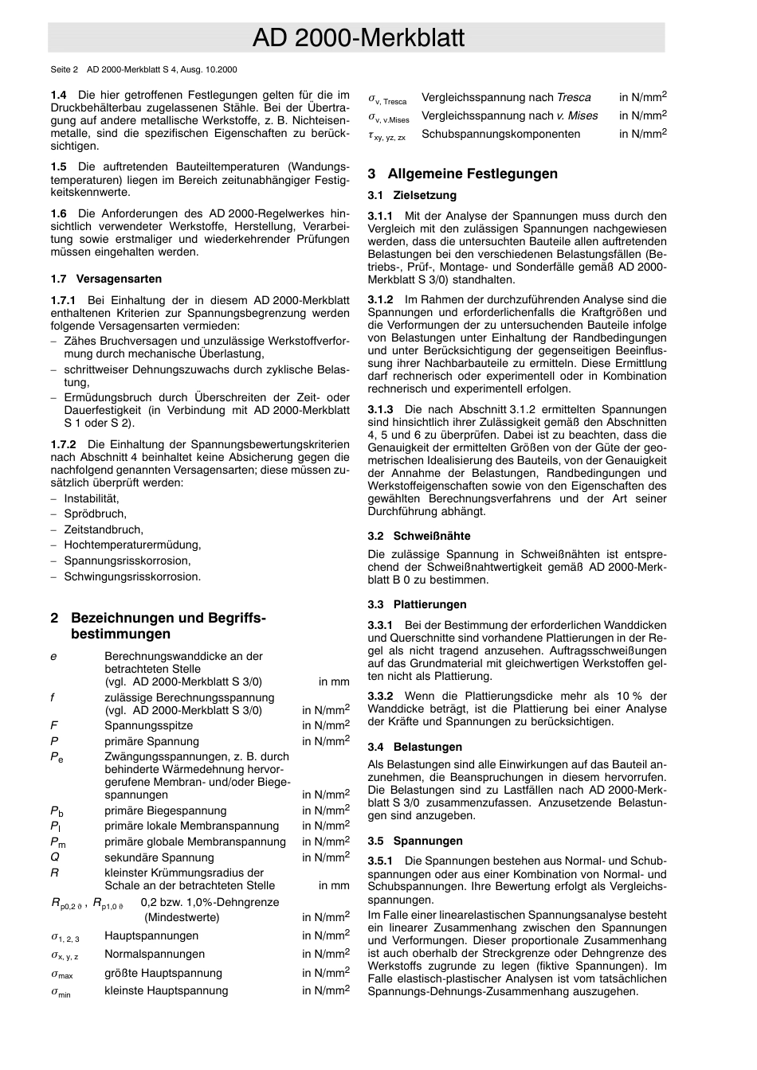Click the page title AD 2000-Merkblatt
[358, 37]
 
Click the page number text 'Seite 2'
[65, 70]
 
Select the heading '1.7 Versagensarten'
[106, 279]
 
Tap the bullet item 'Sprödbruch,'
[95, 514]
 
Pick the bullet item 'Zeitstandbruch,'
[104, 530]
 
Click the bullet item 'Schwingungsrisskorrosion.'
[132, 577]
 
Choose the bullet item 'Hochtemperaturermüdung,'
[132, 545]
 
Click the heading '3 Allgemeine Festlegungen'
[463, 174]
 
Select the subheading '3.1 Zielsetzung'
[412, 196]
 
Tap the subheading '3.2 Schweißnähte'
[419, 537]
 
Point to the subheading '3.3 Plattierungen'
[417, 605]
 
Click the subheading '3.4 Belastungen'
[414, 748]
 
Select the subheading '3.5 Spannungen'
[414, 842]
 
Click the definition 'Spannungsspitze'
[148, 726]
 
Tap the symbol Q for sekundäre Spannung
[55, 857]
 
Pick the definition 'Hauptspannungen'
[151, 936]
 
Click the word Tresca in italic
[574, 98]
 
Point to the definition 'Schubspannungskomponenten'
[500, 135]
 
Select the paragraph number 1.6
[58, 214]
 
